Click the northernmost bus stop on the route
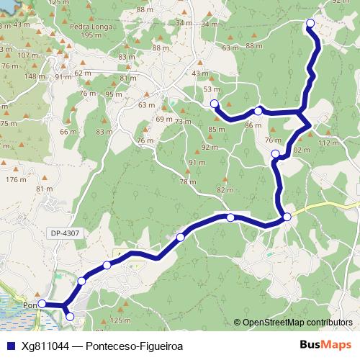pyautogui.click(x=311, y=24)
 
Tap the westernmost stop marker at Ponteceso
pyautogui.click(x=42, y=305)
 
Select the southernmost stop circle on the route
pyautogui.click(x=70, y=315)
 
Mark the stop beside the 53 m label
pyautogui.click(x=214, y=104)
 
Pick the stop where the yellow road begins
pyautogui.click(x=287, y=217)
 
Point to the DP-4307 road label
pyautogui.click(x=66, y=233)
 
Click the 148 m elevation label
pyautogui.click(x=35, y=76)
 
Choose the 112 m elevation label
pyautogui.click(x=328, y=143)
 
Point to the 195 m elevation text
pyautogui.click(x=91, y=35)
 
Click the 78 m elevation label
pyautogui.click(x=187, y=182)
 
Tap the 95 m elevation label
pyautogui.click(x=113, y=94)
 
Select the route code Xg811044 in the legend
pyautogui.click(x=43, y=346)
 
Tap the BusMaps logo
pyautogui.click(x=322, y=346)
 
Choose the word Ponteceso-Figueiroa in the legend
pyautogui.click(x=134, y=346)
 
